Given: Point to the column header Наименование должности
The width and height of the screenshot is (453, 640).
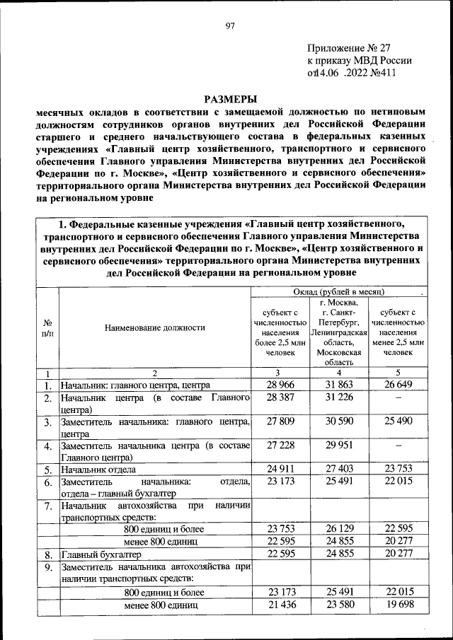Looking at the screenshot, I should tap(154, 328).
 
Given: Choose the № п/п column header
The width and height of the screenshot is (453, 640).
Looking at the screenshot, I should tap(47, 328).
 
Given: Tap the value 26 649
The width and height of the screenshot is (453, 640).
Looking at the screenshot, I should tap(398, 386).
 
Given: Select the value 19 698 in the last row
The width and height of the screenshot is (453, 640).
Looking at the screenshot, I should tap(398, 606).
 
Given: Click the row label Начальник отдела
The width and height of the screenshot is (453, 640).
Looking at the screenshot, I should tap(98, 469).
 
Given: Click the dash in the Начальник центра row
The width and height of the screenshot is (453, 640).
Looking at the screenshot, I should tap(398, 399).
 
